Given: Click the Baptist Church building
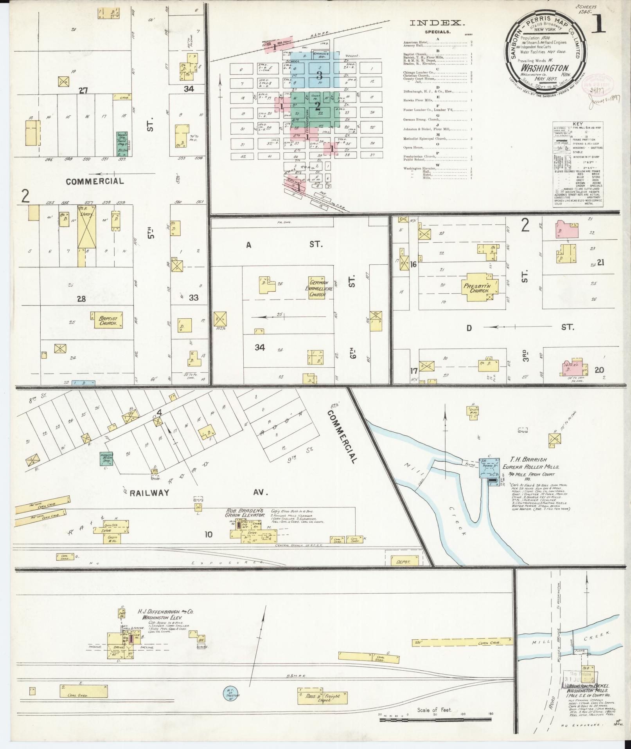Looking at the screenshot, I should click(x=106, y=320).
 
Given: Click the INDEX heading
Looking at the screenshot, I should click(x=437, y=23).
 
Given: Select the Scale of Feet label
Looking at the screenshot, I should click(x=434, y=710).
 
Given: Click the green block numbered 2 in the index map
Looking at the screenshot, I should click(x=318, y=105).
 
